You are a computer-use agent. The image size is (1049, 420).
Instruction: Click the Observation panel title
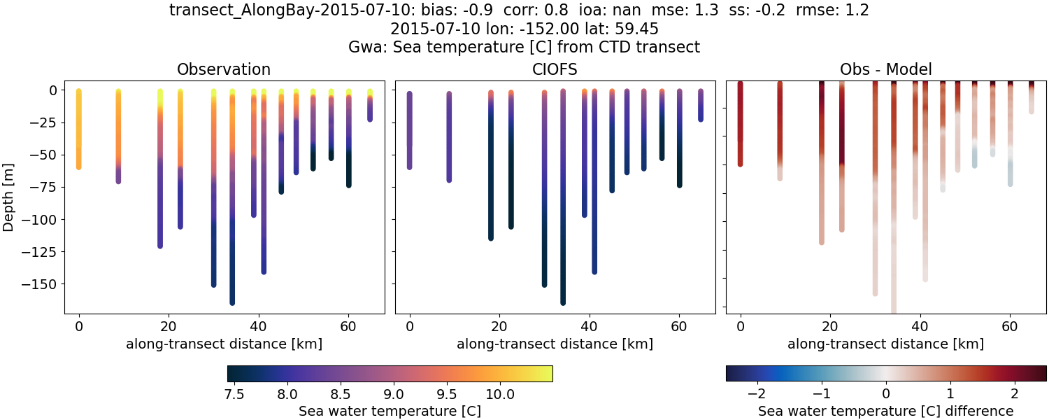(x=224, y=69)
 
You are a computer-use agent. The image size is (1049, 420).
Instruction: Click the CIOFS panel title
(x=555, y=69)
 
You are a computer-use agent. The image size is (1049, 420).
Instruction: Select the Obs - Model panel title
(x=885, y=69)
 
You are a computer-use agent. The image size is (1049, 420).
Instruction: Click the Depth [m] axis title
(x=9, y=197)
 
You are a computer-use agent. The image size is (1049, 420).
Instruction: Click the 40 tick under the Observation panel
(x=258, y=326)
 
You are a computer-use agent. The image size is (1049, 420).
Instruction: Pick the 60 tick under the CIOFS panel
(x=678, y=326)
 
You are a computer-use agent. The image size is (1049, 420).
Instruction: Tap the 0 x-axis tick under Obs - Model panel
(x=741, y=326)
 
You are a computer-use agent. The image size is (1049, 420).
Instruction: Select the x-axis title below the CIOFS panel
(x=555, y=344)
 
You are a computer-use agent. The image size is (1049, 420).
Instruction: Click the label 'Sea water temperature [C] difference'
(x=885, y=411)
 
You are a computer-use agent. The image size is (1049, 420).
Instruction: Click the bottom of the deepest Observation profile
(x=232, y=302)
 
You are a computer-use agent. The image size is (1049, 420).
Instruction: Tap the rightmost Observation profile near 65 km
(x=370, y=105)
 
